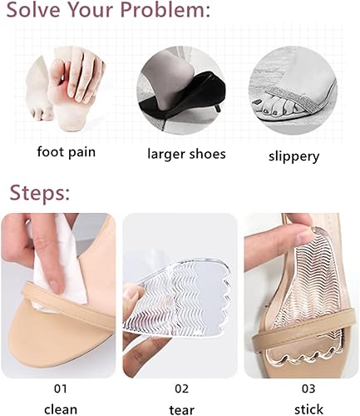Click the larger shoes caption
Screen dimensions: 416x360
pos(180,153)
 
